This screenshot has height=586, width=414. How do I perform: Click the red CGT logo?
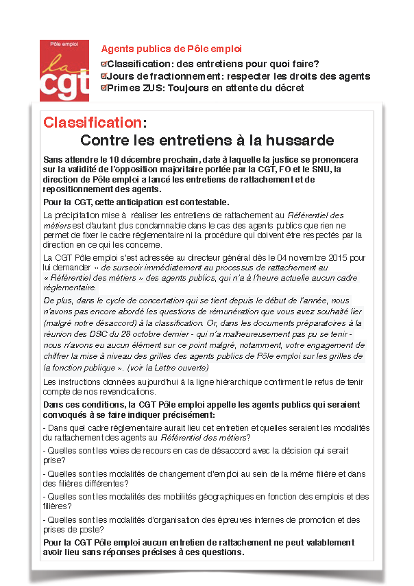tap(64, 67)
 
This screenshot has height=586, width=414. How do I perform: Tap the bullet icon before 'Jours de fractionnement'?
tap(103, 75)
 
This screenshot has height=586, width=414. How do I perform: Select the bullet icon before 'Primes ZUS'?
tap(103, 88)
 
